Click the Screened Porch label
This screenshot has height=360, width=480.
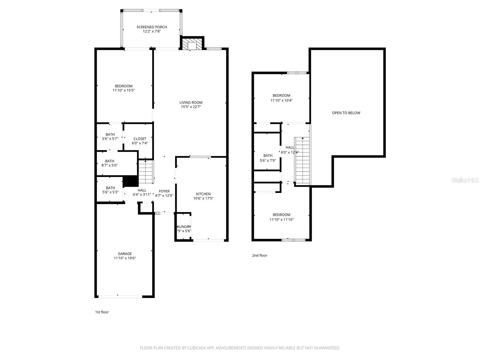tap(151, 27)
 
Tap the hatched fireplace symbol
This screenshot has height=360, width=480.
tap(192, 43)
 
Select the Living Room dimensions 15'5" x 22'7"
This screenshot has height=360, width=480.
tap(191, 107)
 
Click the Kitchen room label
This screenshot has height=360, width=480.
tap(203, 194)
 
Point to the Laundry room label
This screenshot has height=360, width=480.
tap(184, 227)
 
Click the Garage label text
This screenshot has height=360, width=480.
tap(124, 254)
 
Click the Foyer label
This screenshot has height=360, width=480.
tap(164, 191)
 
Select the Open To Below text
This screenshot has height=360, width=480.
tap(346, 113)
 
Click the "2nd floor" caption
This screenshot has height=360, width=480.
tap(259, 256)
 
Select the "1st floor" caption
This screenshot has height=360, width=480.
tap(102, 312)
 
